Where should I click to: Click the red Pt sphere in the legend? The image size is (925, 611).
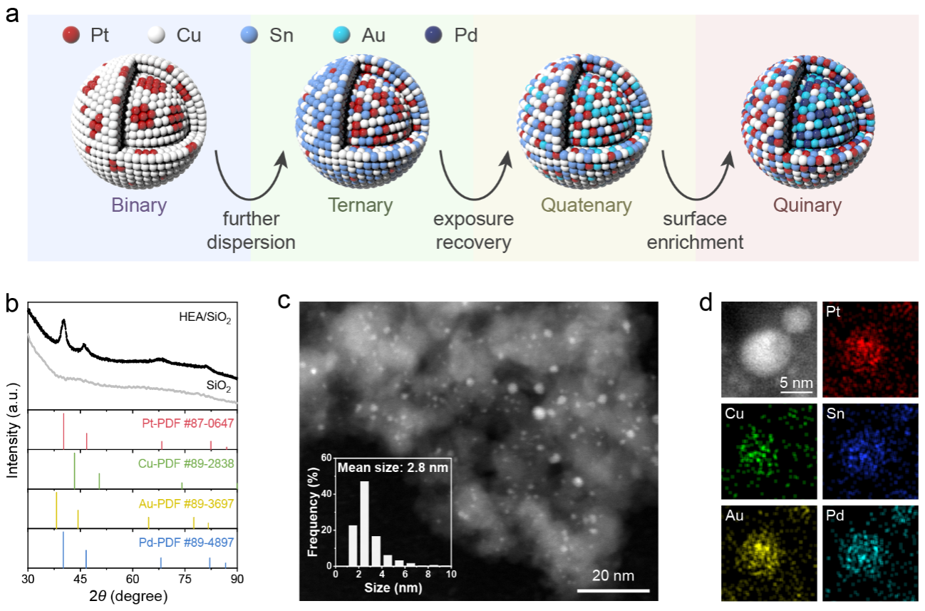click(x=71, y=34)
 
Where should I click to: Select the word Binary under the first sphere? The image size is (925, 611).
click(x=138, y=206)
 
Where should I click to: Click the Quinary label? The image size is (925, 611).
click(x=808, y=206)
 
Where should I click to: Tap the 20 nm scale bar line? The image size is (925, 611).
click(x=612, y=590)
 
